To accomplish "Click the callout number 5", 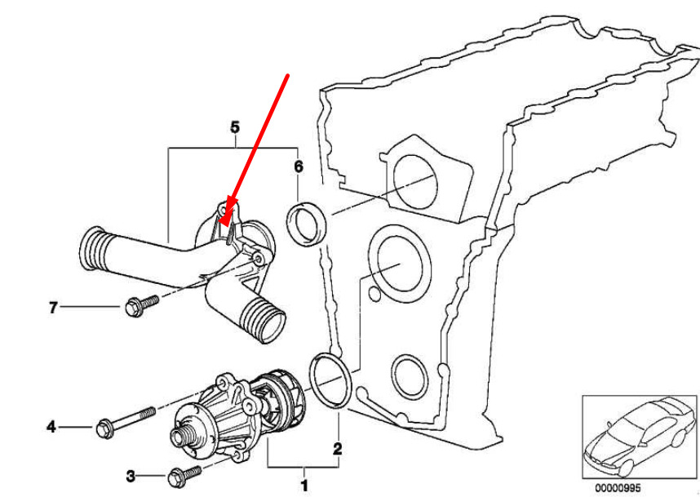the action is (235, 127).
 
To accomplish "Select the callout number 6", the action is (299, 167).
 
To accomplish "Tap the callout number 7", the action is (53, 308).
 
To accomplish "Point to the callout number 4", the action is (51, 428).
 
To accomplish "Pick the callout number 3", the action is (131, 477).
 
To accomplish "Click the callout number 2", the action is (338, 449).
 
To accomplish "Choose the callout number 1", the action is (304, 486).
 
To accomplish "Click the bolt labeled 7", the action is (141, 306).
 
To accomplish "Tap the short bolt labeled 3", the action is (184, 476).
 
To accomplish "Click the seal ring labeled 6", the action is (306, 224).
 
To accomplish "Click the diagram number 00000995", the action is (618, 487).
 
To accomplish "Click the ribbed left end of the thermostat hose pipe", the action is (92, 250).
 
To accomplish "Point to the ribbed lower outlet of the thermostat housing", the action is (263, 319).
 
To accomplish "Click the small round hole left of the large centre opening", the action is (374, 294).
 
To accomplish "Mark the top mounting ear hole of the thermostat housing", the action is (224, 208).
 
